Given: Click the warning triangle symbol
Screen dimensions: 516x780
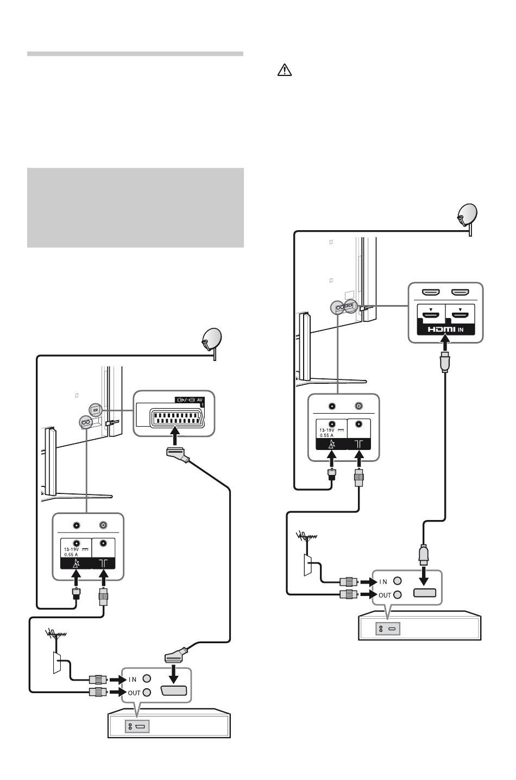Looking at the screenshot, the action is coord(284,70).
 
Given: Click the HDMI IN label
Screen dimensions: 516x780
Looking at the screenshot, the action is coord(445,329).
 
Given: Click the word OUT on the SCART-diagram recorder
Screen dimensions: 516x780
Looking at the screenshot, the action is coord(134,693).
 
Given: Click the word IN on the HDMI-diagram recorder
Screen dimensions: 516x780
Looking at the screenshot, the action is coord(383,582).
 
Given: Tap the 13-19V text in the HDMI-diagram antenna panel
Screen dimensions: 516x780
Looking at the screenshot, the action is coord(327,430).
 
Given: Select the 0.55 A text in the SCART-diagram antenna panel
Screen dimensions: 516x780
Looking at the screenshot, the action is coord(71,554).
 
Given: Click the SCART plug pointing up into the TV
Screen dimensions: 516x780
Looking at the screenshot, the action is coord(178,454).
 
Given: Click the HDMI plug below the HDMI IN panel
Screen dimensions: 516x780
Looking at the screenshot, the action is coord(445,362).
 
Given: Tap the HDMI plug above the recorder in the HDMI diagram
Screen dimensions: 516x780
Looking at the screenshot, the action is coord(424,555).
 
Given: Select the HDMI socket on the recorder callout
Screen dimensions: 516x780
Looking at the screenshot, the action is coord(424,593).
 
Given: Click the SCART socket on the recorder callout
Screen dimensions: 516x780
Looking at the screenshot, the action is coord(173,691).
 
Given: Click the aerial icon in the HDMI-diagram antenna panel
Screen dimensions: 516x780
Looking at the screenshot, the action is coord(359,444).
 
